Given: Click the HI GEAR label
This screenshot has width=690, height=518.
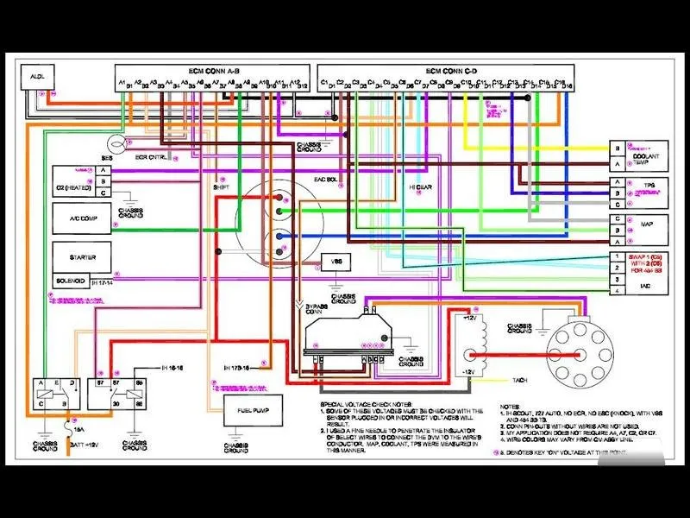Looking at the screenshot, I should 420,186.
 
